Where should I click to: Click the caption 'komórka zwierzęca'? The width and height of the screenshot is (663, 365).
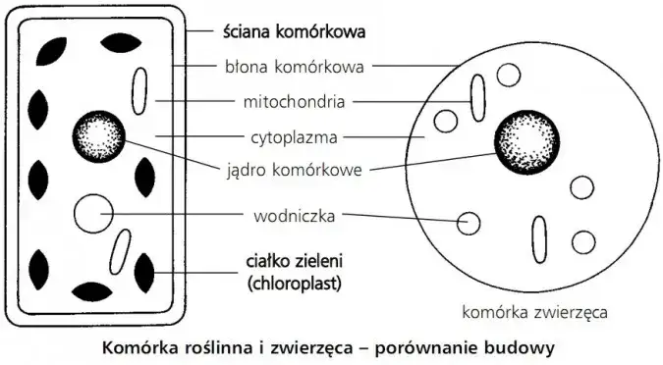point(534,313)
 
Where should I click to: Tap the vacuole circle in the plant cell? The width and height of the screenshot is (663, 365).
point(94,213)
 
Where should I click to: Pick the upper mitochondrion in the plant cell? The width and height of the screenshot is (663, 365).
point(140,87)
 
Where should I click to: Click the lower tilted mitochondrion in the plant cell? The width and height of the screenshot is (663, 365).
point(121,251)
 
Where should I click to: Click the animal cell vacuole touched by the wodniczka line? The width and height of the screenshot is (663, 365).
point(470,223)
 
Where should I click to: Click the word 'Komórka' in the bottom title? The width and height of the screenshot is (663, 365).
point(137,346)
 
